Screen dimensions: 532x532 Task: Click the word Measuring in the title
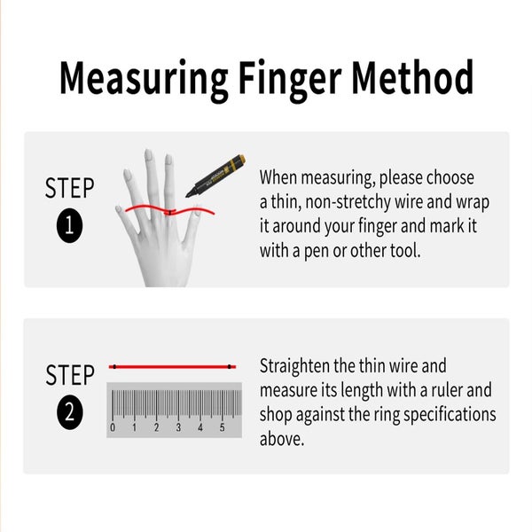[143, 80]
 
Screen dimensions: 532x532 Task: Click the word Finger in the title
[289, 80]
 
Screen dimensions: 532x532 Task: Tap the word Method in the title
[412, 77]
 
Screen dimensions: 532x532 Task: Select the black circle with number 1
[69, 225]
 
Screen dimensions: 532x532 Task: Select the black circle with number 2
[69, 412]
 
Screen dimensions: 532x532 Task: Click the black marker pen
[215, 176]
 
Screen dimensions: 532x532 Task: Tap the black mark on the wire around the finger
[169, 213]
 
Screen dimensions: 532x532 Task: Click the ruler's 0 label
[113, 427]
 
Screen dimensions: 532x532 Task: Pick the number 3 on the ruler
[178, 427]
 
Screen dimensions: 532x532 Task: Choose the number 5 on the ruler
[222, 427]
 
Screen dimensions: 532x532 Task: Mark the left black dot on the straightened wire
[114, 367]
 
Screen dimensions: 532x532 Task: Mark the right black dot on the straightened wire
[230, 367]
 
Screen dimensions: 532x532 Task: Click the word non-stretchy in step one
[348, 202]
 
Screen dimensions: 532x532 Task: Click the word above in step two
[282, 439]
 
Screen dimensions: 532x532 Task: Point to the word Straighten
[295, 366]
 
